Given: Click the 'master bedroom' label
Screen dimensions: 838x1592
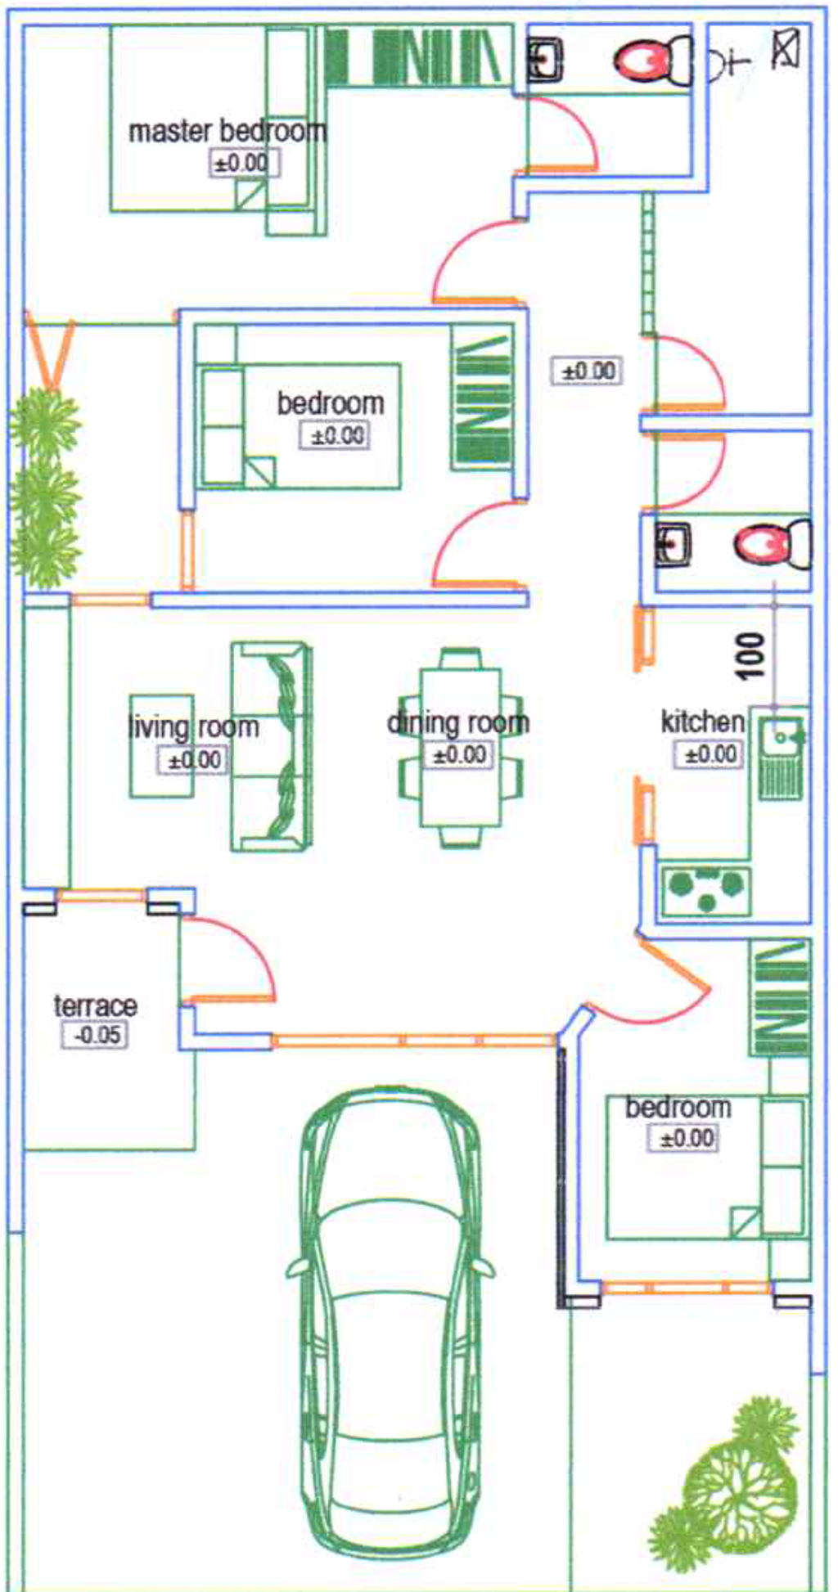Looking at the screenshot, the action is tap(228, 131).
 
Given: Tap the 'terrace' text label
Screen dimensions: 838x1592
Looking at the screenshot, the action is tap(96, 1005).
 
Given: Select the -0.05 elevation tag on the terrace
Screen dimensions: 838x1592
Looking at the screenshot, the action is tap(97, 1035).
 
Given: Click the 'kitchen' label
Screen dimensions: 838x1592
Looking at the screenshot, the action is tap(703, 722).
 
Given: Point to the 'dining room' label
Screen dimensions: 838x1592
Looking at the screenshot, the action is tap(458, 722).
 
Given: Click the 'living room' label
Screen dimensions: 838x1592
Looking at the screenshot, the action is tap(194, 726).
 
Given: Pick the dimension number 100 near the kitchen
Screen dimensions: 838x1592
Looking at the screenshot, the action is tap(752, 656).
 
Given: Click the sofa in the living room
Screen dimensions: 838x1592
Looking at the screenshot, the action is tap(271, 746).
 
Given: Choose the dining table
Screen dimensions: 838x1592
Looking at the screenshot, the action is tap(459, 748).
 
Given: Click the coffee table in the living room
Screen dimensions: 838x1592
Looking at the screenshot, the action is tap(162, 746).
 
